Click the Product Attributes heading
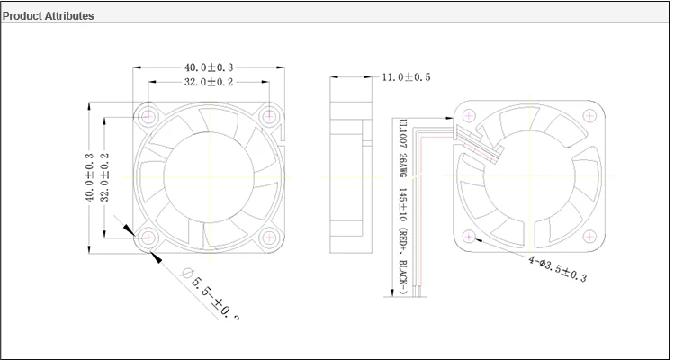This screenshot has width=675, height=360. tap(49, 16)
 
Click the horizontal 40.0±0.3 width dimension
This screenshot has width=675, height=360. tap(209, 67)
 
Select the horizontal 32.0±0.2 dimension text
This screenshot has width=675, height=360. tap(209, 82)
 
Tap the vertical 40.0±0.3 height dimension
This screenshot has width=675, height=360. tap(89, 176)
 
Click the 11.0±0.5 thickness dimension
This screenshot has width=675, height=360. tap(406, 78)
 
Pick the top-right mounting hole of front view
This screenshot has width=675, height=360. tap(269, 116)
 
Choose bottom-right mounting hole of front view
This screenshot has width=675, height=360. tap(269, 237)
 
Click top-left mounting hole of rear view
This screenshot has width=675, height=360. tap(469, 116)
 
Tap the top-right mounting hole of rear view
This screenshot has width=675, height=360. tap(589, 116)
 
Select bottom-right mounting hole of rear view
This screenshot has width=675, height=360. tap(589, 237)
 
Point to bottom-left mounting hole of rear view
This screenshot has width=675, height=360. tap(469, 237)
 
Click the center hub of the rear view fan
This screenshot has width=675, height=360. tap(529, 176)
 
